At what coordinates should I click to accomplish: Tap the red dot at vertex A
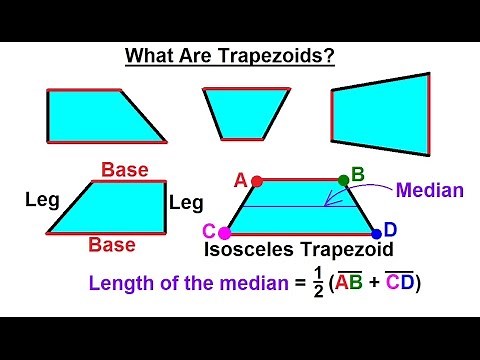pyautogui.click(x=257, y=181)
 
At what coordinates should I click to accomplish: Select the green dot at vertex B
pyautogui.click(x=343, y=180)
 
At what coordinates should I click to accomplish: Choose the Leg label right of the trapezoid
pyautogui.click(x=186, y=203)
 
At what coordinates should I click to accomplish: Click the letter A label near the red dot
pyautogui.click(x=240, y=180)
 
